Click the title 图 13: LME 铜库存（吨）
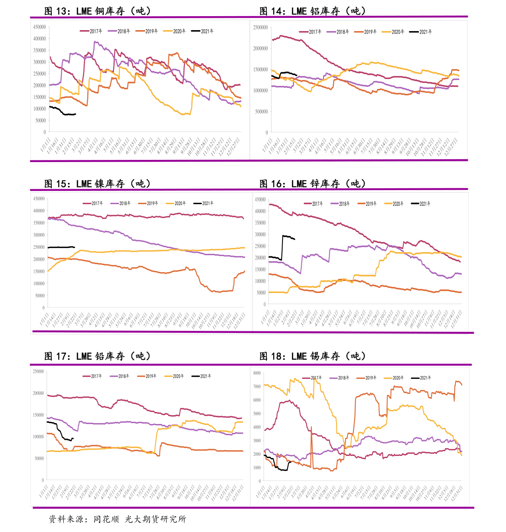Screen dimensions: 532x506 click(97, 11)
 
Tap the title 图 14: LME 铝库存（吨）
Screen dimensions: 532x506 click(312, 11)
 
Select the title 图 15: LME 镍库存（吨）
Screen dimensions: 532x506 click(97, 184)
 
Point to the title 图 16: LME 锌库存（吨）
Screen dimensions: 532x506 click(312, 184)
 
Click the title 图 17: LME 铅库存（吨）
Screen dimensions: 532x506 click(97, 356)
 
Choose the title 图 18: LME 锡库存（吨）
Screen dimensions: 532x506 click(312, 356)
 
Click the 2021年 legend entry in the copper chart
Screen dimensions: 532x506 click(203, 31)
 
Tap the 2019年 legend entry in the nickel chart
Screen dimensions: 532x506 click(148, 203)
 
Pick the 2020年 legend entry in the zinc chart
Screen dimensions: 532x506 click(394, 204)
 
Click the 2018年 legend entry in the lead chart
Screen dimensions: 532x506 click(119, 376)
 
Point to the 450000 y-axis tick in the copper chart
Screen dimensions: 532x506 click(40, 27)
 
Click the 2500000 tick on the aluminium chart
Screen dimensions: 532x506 click(260, 27)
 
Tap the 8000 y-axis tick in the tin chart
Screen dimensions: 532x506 click(257, 373)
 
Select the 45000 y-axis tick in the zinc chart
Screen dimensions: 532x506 click(260, 199)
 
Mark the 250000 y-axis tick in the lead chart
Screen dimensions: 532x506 click(38, 371)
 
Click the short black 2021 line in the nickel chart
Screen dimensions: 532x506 click(61, 247)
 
